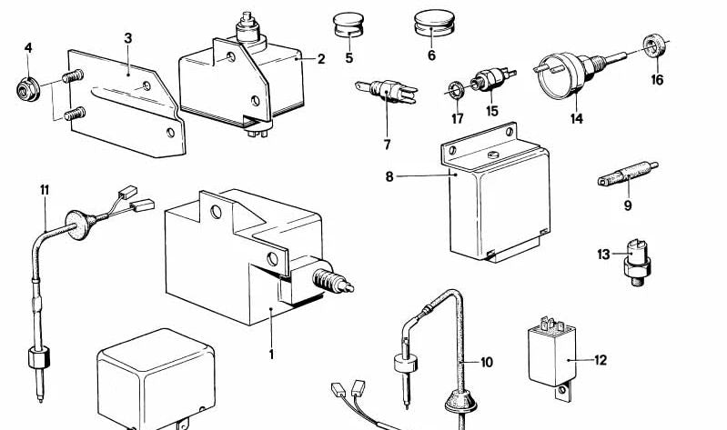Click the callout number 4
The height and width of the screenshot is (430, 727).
pyautogui.click(x=28, y=47)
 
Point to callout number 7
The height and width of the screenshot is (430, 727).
pyautogui.click(x=387, y=145)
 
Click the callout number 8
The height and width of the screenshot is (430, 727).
pyautogui.click(x=389, y=175)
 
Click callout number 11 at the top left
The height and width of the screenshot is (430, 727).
pyautogui.click(x=44, y=189)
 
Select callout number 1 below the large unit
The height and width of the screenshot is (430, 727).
pyautogui.click(x=270, y=353)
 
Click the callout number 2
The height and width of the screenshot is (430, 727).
pyautogui.click(x=321, y=60)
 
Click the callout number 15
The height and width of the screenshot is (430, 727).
pyautogui.click(x=492, y=112)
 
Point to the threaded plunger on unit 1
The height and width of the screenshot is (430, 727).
pyautogui.click(x=329, y=282)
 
